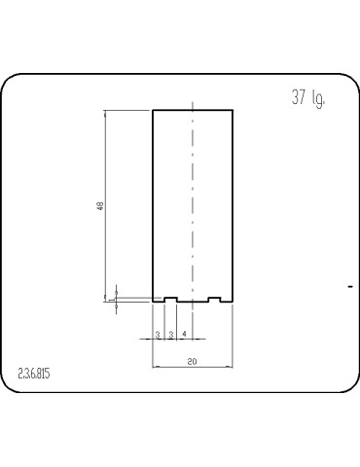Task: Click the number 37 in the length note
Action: coord(299,98)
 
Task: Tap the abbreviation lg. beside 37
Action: coord(318,99)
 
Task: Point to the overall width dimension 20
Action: coord(193,361)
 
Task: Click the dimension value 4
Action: coord(184,335)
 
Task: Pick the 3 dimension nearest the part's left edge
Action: coord(159,335)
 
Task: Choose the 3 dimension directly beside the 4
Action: coord(171,335)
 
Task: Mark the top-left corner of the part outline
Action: coord(153,110)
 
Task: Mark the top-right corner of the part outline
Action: coord(233,110)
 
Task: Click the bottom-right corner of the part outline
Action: coord(233,302)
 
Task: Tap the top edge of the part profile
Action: coord(193,110)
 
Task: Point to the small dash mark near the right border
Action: coord(349,286)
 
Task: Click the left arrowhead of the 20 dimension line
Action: coord(156,368)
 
